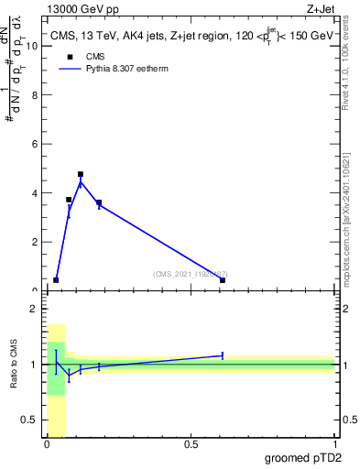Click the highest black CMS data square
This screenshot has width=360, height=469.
81,174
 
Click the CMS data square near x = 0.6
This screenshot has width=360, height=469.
223,280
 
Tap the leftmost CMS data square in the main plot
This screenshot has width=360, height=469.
56,280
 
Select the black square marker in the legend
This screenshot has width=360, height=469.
68,57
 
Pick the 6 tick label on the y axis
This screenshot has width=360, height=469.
35,144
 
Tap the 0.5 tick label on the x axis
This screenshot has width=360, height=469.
191,444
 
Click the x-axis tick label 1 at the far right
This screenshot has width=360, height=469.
334,444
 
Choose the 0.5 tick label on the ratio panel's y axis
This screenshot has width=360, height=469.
30,420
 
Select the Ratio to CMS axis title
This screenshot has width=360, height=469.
14,365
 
